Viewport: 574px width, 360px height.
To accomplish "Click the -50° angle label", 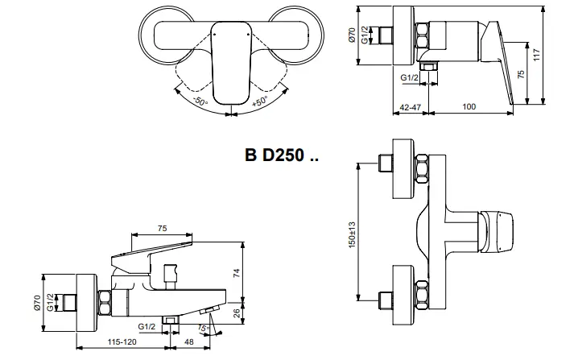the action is tap(200, 101).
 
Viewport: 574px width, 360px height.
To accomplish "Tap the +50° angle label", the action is tap(260, 101).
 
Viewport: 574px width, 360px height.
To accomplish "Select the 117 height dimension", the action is tap(536, 56).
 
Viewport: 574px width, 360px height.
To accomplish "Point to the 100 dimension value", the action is tap(469, 106).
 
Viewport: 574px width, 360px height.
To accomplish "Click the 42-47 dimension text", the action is tap(411, 107).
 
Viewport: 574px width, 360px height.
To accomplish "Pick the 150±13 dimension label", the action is tap(352, 234).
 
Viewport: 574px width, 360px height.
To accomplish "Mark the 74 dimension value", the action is tap(237, 273).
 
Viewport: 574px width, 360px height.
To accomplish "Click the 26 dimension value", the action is tap(237, 313).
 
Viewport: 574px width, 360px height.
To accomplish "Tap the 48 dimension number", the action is tap(189, 341).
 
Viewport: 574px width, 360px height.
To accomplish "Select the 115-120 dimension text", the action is tap(122, 341).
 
